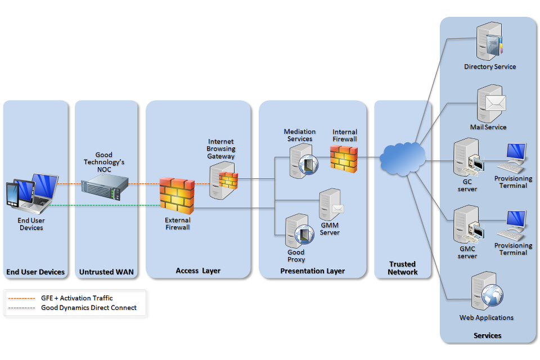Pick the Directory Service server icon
coord(487,42)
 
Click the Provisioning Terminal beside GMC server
coord(512,225)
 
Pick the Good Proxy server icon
coord(299,231)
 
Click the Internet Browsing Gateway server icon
coord(222,179)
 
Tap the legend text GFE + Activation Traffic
coord(76,298)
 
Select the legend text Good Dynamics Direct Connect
coord(89,308)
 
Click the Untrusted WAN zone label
coord(106,272)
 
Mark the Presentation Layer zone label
coord(312,271)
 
